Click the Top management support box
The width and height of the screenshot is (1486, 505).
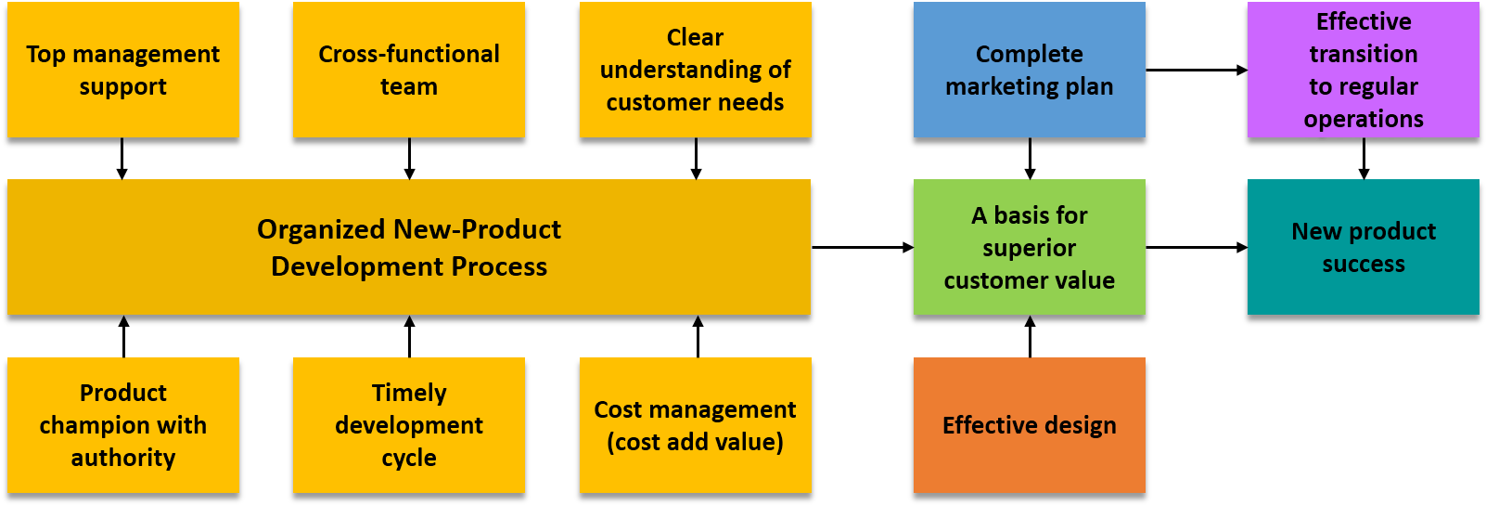coord(123,70)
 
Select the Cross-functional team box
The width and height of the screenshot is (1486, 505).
coord(408,70)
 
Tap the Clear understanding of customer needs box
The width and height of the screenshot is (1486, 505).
coord(695,70)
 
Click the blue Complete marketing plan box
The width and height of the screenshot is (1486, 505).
coord(1029,70)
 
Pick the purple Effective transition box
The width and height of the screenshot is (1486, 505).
coord(1363,70)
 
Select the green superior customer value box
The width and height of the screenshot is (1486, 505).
coord(1029,247)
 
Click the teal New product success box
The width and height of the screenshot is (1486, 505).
coord(1363,247)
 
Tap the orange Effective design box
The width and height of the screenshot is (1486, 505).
coord(1029,425)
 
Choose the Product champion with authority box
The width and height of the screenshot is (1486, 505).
coord(123,425)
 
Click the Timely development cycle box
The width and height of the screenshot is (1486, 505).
coord(408,425)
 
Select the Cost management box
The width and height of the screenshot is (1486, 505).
coord(695,425)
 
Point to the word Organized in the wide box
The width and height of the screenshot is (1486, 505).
coord(321,229)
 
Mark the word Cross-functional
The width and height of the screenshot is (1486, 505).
coord(408,54)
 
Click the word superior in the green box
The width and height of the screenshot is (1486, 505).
coord(1029,248)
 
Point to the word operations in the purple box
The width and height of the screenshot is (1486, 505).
coord(1363,119)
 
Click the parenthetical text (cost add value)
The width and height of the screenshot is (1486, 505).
coord(695,442)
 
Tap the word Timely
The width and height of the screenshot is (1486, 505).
coord(408,393)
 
